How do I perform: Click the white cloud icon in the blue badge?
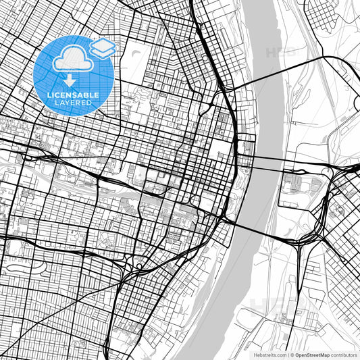(x=73, y=60)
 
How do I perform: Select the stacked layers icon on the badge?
(x=103, y=47)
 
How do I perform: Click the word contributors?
(x=343, y=354)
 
